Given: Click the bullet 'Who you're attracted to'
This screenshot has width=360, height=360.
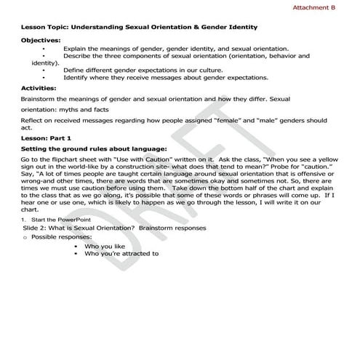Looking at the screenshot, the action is [121, 254].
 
